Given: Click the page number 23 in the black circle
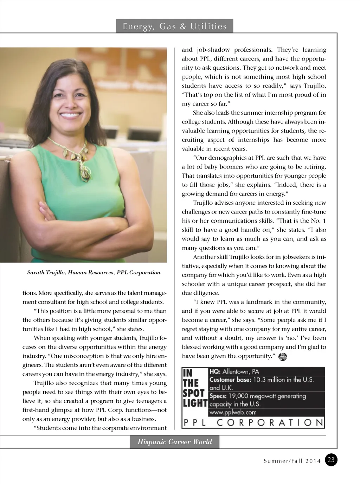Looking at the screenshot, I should click(x=331, y=460).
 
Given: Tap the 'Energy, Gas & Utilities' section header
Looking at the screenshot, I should click(x=174, y=26).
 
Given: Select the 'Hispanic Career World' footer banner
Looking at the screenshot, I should click(x=175, y=442).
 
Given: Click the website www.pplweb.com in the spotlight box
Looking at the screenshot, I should click(x=233, y=412).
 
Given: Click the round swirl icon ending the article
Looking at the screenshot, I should click(x=283, y=357).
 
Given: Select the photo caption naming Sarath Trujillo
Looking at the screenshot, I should click(x=94, y=272).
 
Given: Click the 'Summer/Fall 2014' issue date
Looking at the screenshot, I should click(x=292, y=461).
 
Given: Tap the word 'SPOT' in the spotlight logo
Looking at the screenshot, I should click(x=193, y=393).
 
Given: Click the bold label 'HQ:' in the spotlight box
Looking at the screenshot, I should click(x=215, y=371).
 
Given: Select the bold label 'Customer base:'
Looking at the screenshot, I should click(x=230, y=380).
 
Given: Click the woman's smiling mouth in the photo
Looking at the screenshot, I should click(x=71, y=114).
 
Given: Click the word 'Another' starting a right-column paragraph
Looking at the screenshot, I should click(x=204, y=257).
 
